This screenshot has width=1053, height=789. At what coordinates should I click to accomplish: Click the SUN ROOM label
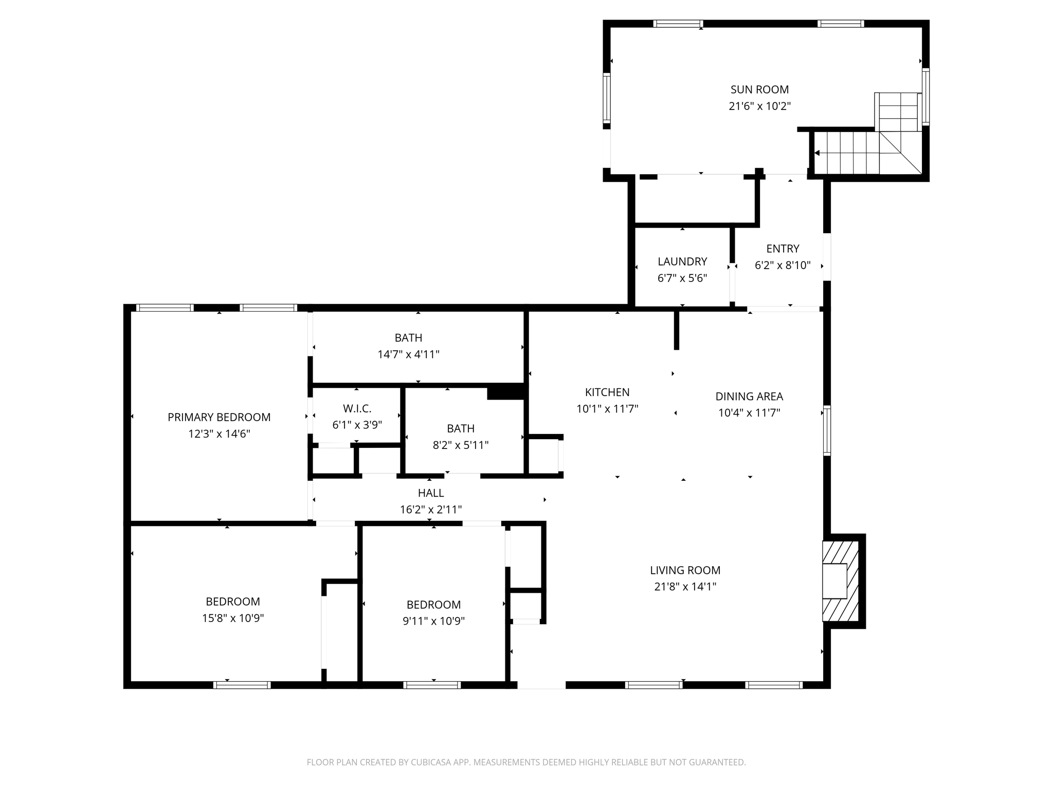(x=759, y=89)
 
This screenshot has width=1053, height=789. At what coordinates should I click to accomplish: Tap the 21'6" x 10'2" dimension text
(x=759, y=106)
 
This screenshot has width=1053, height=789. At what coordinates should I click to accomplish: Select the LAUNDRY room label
(x=682, y=261)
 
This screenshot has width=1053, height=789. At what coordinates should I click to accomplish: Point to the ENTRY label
(x=783, y=249)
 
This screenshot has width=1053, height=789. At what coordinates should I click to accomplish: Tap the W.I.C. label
(x=357, y=408)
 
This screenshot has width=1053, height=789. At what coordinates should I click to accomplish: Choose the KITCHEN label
(x=607, y=392)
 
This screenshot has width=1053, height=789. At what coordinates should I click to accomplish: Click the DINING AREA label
(x=749, y=397)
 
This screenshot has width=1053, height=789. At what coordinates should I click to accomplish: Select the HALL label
(x=431, y=493)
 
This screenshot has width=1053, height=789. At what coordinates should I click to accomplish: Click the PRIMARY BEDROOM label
(x=219, y=417)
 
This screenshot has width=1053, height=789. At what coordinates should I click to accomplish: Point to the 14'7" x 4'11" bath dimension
(x=408, y=354)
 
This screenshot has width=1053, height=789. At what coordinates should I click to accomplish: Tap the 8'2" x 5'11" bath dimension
(x=461, y=445)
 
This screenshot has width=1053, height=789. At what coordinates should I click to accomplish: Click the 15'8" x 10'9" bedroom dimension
(x=233, y=618)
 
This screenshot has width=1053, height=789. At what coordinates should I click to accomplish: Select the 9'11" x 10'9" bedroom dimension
(x=433, y=621)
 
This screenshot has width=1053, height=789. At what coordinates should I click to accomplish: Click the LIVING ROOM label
(x=685, y=570)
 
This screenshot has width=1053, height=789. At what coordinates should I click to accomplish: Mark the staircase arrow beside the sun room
(x=817, y=153)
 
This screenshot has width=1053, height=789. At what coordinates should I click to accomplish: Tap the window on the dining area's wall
(x=827, y=430)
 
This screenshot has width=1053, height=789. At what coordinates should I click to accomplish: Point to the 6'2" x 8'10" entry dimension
(x=783, y=266)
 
